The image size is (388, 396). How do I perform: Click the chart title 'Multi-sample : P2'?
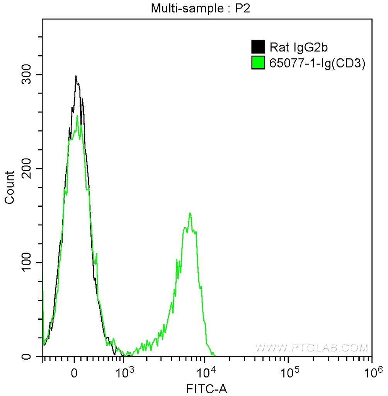(x=201, y=9)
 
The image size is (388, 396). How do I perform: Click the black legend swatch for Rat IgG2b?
(x=258, y=47)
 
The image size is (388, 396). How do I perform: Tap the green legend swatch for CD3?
(x=258, y=63)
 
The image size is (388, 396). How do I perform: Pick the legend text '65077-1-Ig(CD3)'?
(x=317, y=63)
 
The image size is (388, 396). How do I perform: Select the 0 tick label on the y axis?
(x=34, y=357)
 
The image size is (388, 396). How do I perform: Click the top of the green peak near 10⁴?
(x=190, y=213)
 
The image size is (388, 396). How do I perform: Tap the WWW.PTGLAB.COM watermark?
(x=311, y=348)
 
